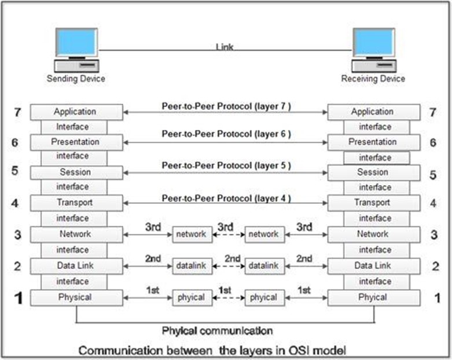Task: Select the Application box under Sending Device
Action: (x=76, y=112)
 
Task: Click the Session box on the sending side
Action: (x=76, y=172)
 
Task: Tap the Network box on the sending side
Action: (x=76, y=234)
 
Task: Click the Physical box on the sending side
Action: (x=76, y=297)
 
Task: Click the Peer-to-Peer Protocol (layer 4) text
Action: (x=226, y=199)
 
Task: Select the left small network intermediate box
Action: (x=191, y=234)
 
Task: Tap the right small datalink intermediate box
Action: (x=263, y=266)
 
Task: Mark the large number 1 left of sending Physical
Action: (x=18, y=298)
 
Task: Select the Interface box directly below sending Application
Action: (x=73, y=127)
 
